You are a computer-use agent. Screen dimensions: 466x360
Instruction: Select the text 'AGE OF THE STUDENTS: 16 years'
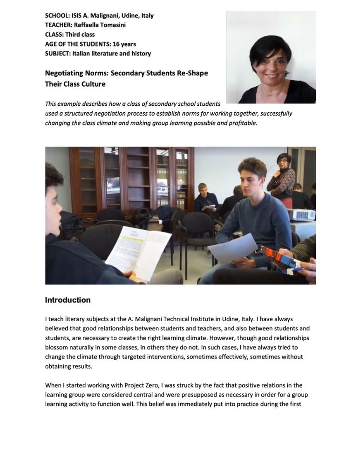point(90,44)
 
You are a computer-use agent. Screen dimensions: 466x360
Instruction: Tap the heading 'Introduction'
point(68,300)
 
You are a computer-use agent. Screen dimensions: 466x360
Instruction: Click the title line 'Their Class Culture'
point(75,84)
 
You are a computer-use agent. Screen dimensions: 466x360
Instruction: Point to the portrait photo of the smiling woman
point(271,57)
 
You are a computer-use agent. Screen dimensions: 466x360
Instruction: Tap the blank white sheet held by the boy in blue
point(232,247)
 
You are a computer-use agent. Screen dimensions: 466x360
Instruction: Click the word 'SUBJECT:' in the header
point(58,53)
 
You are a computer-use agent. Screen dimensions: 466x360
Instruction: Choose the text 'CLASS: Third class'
point(70,34)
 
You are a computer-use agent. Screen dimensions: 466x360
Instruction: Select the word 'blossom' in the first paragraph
point(57,347)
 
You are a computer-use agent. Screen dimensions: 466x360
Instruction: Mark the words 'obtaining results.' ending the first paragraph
point(69,366)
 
